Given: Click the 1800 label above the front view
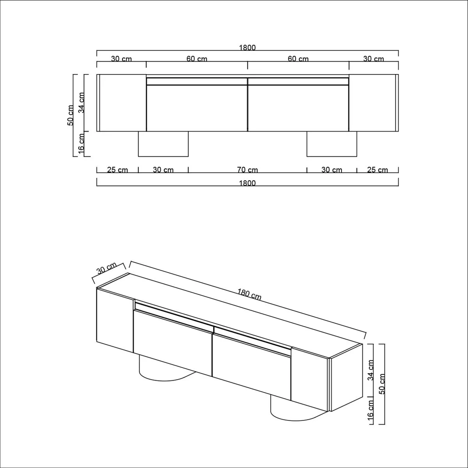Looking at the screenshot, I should tap(247, 48).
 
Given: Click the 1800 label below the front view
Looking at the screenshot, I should tap(247, 183).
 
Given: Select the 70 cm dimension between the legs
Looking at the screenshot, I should tap(247, 170).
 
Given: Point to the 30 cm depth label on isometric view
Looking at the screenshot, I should tap(106, 269).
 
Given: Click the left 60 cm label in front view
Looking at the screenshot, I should tap(197, 59).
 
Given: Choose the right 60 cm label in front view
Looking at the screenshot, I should tap(298, 59).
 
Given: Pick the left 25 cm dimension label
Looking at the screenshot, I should tap(117, 170).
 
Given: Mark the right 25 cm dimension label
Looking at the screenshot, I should tap(377, 170).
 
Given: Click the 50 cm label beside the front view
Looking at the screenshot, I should tap(71, 115).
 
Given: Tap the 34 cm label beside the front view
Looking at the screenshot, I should tap(82, 103).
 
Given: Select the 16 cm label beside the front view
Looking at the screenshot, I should tap(82, 144).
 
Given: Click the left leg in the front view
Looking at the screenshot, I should tap(163, 144).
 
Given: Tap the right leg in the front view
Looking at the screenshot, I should tap(331, 144).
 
